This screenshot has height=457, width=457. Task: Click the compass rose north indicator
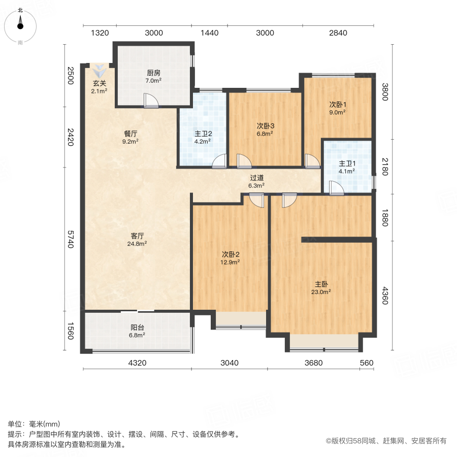[x=20, y=23]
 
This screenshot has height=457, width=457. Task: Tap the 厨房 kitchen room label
[x=153, y=73]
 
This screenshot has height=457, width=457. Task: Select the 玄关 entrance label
[x=100, y=84]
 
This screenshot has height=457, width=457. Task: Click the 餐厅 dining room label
[x=131, y=134]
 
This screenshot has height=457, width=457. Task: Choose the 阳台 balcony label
[x=138, y=328]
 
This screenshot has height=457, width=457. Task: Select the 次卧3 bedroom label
[x=265, y=126]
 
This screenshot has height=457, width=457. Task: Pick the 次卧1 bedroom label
[x=338, y=105]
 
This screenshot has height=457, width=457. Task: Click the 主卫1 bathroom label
[x=347, y=164]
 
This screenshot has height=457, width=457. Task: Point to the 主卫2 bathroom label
[x=203, y=134]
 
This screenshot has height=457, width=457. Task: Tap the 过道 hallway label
[x=256, y=178]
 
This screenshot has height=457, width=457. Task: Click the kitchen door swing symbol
[x=151, y=101]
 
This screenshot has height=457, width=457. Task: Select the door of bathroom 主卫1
[x=336, y=188]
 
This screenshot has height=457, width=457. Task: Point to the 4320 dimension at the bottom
[x=137, y=363]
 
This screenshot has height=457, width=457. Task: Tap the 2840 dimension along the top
[x=338, y=33]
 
